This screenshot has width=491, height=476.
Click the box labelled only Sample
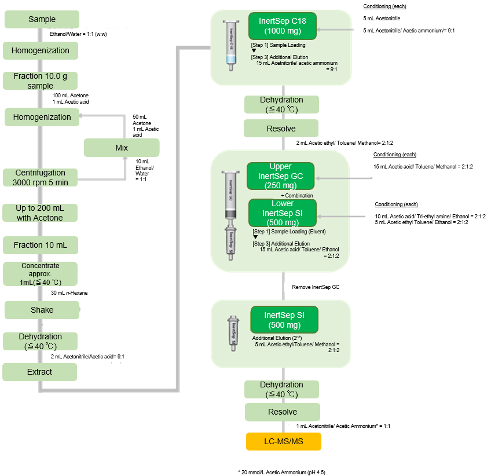[x=42, y=20]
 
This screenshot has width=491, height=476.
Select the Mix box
[x=121, y=148]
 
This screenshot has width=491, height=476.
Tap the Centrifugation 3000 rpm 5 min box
[x=40, y=177]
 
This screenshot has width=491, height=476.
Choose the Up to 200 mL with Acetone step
[x=40, y=213]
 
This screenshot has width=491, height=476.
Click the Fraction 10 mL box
[x=40, y=245]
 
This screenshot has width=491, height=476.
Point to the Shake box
[x=42, y=310]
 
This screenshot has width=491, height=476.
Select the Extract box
[x=39, y=372]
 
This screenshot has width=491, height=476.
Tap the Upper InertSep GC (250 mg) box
[x=280, y=176]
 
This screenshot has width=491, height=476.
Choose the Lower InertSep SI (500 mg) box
[x=282, y=213]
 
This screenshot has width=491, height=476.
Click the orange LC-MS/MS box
[x=283, y=442]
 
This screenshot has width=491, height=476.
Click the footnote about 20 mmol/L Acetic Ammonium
[x=281, y=473]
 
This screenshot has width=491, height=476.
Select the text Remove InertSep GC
[x=316, y=287]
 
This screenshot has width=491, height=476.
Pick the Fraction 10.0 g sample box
[x=40, y=81]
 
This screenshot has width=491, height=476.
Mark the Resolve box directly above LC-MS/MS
[x=282, y=412]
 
